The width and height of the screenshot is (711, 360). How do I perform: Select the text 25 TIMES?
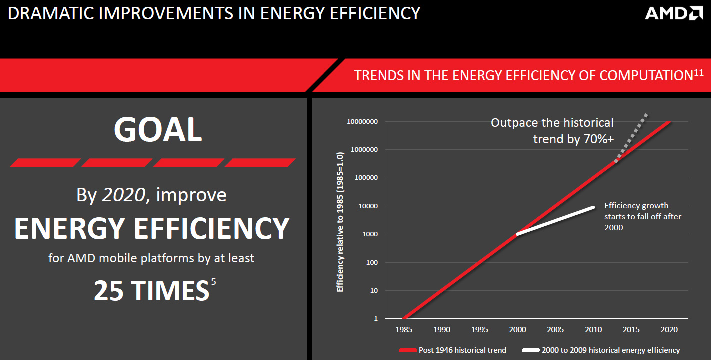tap(151, 291)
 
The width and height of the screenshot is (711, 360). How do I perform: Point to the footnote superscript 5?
tap(213, 282)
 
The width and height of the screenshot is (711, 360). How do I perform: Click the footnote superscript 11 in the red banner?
tap(698, 73)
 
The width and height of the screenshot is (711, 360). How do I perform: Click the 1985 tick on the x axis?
tap(404, 330)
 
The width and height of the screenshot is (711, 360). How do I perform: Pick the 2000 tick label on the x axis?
tap(518, 330)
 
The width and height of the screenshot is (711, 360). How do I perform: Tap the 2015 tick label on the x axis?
tap(631, 330)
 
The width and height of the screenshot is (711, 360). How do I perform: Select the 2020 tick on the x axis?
tap(669, 330)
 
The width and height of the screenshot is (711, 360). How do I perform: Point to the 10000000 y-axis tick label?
tap(362, 122)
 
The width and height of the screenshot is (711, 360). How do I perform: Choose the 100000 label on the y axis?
tap(366, 178)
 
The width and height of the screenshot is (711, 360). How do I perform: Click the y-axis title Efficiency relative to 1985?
tap(340, 222)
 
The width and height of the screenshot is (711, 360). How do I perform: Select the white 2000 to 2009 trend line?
tap(555, 221)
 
